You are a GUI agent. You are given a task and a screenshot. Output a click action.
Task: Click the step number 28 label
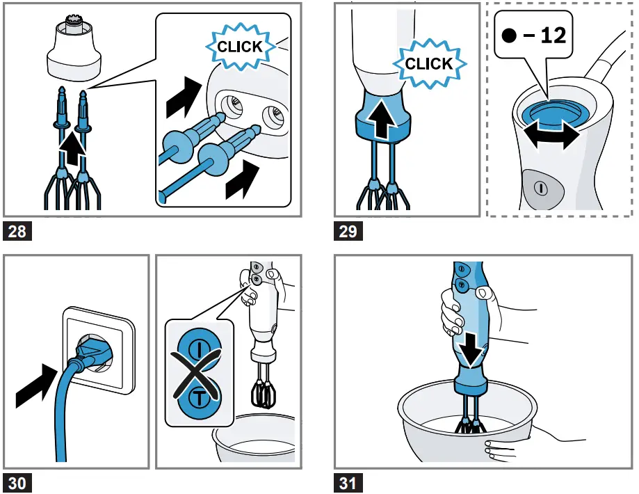coord(17,231)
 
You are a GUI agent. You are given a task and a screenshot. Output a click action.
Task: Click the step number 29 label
coord(348,231)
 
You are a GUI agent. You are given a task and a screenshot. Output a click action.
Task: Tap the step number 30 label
coord(17,484)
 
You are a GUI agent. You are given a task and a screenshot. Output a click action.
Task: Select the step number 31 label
coord(348,484)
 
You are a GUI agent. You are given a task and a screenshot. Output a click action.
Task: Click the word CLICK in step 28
coord(240,47)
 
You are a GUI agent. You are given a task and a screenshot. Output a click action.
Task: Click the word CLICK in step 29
coord(429,63)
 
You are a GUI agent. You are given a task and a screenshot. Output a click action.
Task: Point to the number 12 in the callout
coord(553,35)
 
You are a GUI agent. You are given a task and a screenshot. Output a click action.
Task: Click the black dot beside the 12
coord(510,35)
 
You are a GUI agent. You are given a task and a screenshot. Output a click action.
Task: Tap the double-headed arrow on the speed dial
coord(552,136)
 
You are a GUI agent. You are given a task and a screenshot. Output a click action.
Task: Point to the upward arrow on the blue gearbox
coord(382,119)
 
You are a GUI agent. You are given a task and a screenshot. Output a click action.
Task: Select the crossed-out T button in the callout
coord(199,397)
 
